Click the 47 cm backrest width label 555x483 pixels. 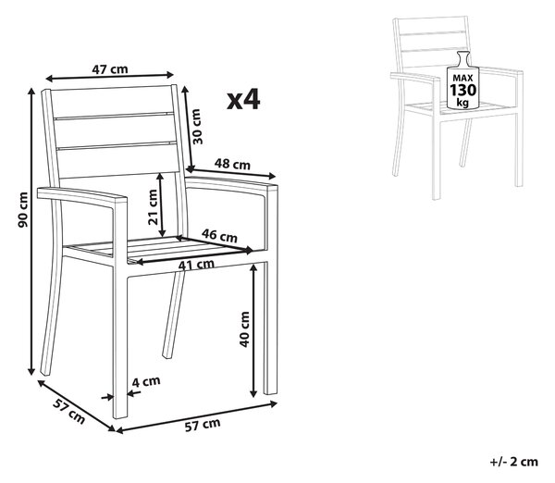pyautogui.click(x=110, y=69)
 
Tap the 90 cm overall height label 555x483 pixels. pyautogui.click(x=23, y=210)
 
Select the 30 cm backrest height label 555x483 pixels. pyautogui.click(x=197, y=127)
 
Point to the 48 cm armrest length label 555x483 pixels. pyautogui.click(x=232, y=164)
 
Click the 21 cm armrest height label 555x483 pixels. pyautogui.click(x=153, y=207)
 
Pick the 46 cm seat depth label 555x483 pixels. pyautogui.click(x=219, y=235)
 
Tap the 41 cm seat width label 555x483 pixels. pyautogui.click(x=196, y=265)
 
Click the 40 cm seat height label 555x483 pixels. pyautogui.click(x=244, y=329)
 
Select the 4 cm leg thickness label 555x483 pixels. pyautogui.click(x=146, y=381)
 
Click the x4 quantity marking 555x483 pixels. pyautogui.click(x=243, y=100)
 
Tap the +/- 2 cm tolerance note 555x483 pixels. pyautogui.click(x=514, y=462)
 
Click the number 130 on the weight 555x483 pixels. pyautogui.click(x=463, y=90)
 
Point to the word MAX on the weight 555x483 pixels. pyautogui.click(x=463, y=78)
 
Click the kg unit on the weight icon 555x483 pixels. pyautogui.click(x=462, y=103)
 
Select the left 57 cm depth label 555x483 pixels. pyautogui.click(x=69, y=411)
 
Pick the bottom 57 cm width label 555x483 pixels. pyautogui.click(x=203, y=425)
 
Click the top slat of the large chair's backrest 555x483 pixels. pyautogui.click(x=113, y=103)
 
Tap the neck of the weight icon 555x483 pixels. pyautogui.click(x=463, y=58)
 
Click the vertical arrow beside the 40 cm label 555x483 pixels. pyautogui.click(x=253, y=330)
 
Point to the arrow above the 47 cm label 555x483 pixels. pyautogui.click(x=110, y=77)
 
